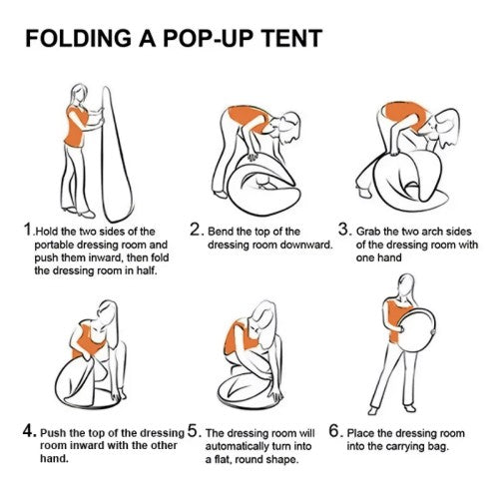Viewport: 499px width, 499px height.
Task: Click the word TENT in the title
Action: (x=292, y=38)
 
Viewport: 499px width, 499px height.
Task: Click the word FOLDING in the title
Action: (x=79, y=38)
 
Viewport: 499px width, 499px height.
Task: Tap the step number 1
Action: (x=28, y=230)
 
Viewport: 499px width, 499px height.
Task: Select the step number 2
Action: (x=195, y=230)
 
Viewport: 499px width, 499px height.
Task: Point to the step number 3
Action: (x=343, y=230)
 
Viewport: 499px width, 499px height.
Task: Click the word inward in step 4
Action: (x=83, y=445)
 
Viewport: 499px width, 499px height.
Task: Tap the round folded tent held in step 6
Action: (x=416, y=331)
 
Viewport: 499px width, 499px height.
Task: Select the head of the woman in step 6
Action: (x=406, y=284)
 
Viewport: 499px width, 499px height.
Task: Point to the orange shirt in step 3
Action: (x=402, y=114)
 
